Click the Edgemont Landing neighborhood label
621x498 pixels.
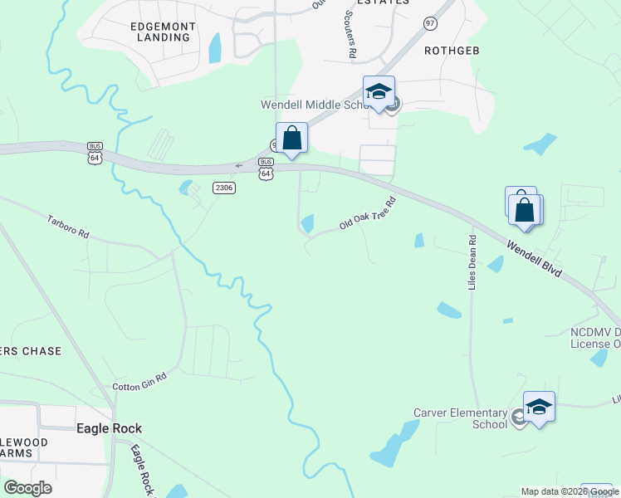pos(163,32)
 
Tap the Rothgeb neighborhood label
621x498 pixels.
pos(452,51)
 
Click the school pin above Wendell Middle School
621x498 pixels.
pos(379,91)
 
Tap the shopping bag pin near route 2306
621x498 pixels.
pos(291,138)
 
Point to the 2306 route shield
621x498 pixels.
pos(224,188)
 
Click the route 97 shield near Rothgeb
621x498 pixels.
pos(429,23)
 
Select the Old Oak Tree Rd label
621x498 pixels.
pos(364,214)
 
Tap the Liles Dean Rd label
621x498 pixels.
pos(472,261)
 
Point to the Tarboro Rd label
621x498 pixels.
pos(68,227)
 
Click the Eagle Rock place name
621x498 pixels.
pos(109,428)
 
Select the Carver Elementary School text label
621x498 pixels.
pos(461,418)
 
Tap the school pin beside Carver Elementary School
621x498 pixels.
pos(539,406)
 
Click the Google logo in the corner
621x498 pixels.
pos(27,488)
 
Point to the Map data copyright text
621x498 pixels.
pos(569,491)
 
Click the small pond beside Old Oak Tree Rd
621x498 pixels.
pos(308,223)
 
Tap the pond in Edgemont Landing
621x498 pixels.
pos(216,48)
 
